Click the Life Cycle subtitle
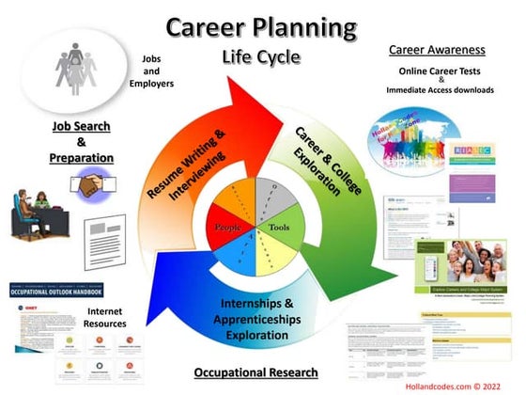(262, 56)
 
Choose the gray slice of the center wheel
(272, 195)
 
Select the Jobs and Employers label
(151, 70)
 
